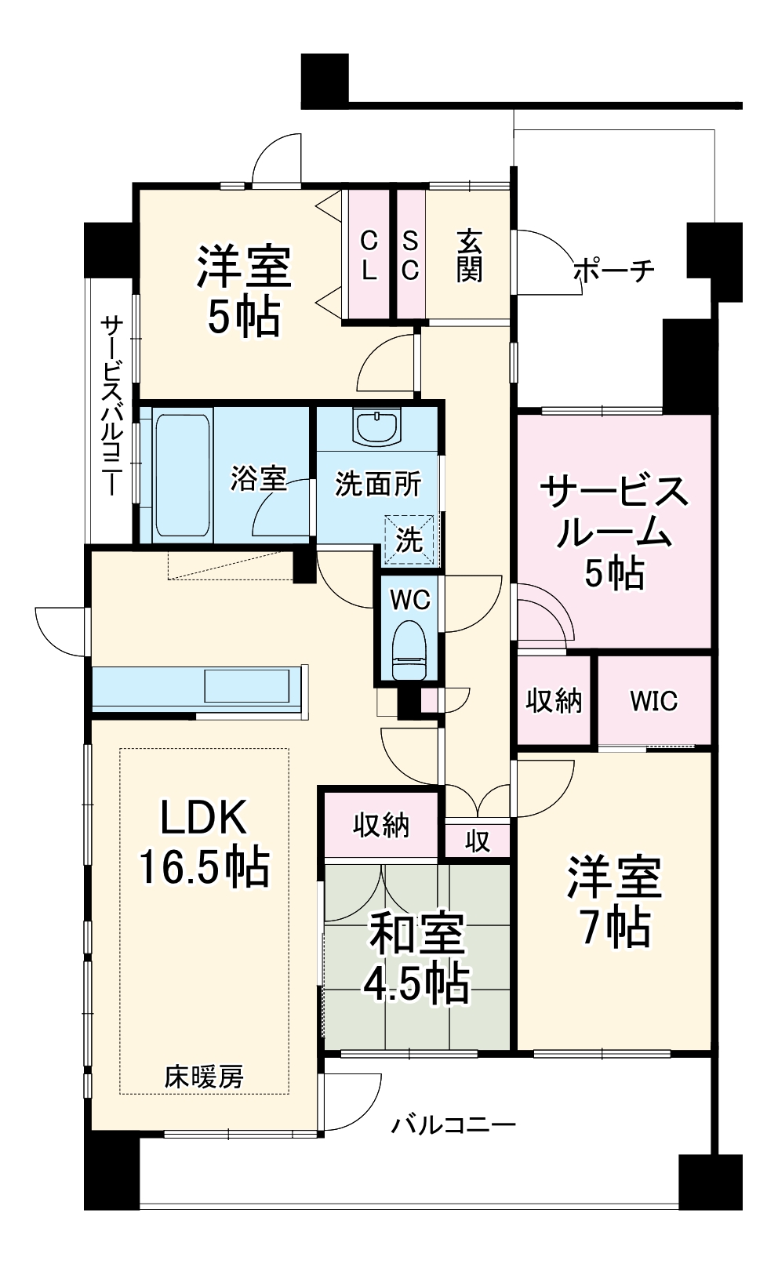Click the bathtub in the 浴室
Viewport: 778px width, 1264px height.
pyautogui.click(x=183, y=474)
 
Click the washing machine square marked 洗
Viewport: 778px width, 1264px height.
pyautogui.click(x=409, y=539)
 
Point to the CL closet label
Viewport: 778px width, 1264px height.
pyautogui.click(x=369, y=256)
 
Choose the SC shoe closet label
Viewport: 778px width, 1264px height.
pyautogui.click(x=410, y=256)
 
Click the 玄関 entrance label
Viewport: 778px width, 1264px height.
pyautogui.click(x=469, y=256)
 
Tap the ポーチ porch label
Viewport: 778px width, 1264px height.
pyautogui.click(x=613, y=271)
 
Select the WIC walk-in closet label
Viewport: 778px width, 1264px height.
pyautogui.click(x=653, y=700)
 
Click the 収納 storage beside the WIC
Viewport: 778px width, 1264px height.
pyautogui.click(x=554, y=700)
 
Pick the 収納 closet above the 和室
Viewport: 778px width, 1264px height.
pyautogui.click(x=380, y=825)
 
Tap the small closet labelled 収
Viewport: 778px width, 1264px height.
pyautogui.click(x=477, y=841)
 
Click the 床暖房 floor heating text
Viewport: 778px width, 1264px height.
pyautogui.click(x=204, y=1077)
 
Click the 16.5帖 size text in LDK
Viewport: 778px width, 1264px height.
pyautogui.click(x=204, y=867)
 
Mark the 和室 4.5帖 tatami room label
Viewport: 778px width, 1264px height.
pyautogui.click(x=416, y=958)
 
